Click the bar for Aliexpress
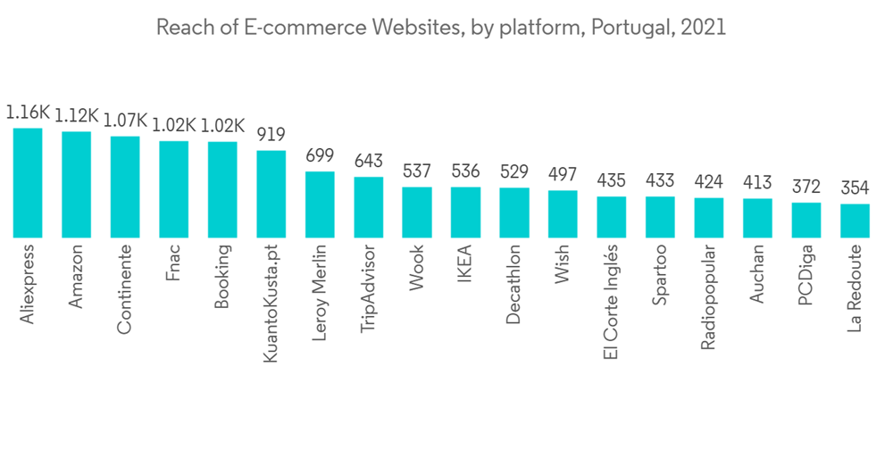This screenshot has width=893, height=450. pos(28,183)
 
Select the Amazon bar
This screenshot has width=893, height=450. pos(76,185)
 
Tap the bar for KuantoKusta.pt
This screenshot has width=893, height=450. pos(271,194)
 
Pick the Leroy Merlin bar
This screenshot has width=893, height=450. pos(320,204)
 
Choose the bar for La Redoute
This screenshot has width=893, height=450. pos(855,221)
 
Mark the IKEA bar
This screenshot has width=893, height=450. pos(465,212)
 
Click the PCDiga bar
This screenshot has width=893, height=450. pos(806,220)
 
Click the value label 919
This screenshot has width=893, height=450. pos(271,135)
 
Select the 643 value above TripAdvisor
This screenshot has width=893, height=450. pos(368,162)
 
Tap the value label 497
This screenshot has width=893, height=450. pos(563,174)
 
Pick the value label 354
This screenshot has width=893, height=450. pos(855,188)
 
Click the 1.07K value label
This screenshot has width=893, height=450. pos(124,121)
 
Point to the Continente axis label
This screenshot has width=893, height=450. pos(124,287)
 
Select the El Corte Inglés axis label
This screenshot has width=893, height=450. pos(611,303)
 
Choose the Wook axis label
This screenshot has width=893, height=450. pos(417,267)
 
